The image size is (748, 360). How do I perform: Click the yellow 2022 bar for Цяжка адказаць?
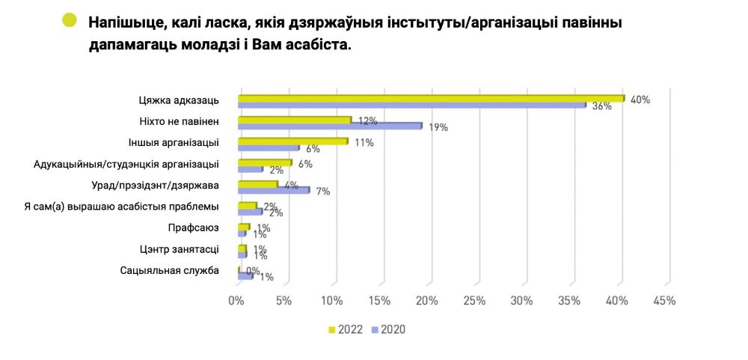(431, 98)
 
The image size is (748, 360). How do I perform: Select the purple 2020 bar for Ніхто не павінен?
(330, 126)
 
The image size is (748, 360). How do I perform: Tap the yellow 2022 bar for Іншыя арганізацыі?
(292, 141)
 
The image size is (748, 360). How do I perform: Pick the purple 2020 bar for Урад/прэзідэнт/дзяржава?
(273, 190)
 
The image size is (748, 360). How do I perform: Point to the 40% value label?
(640, 100)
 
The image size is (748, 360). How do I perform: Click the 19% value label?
(438, 127)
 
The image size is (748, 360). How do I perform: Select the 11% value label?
(364, 141)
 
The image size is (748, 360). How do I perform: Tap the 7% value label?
(323, 192)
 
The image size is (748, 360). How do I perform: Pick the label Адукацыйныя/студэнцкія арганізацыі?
(127, 163)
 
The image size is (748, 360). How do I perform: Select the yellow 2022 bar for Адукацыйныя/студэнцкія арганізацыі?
(265, 162)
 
